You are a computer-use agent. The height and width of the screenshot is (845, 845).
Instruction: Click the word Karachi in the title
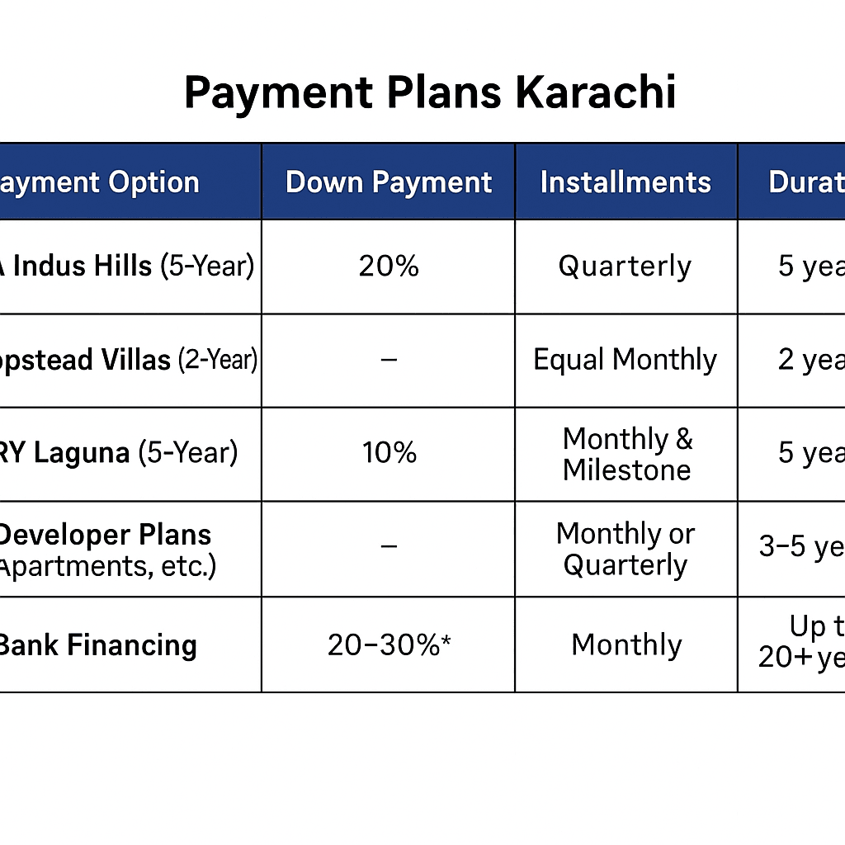(x=595, y=92)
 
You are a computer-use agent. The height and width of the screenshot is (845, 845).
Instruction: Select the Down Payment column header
(x=389, y=182)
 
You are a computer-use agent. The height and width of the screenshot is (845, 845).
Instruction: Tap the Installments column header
(x=625, y=182)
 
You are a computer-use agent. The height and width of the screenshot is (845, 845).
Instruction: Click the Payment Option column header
(x=100, y=182)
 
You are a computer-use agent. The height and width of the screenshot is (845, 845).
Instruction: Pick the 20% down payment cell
(x=389, y=267)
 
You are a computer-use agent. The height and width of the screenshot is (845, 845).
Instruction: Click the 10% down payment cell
(x=389, y=453)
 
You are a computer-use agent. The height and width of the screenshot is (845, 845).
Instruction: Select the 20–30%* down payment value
(x=389, y=644)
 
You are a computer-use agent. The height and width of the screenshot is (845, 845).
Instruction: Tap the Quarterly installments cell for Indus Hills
(x=625, y=267)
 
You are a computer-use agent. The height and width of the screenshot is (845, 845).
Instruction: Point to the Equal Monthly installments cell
(x=625, y=360)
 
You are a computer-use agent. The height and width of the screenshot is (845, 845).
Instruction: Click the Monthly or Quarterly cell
(x=625, y=549)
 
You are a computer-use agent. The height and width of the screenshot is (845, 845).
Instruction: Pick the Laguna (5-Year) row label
(x=120, y=453)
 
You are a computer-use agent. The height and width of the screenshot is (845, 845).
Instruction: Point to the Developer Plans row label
(x=106, y=535)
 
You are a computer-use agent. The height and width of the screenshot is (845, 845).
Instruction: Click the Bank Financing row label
(x=98, y=644)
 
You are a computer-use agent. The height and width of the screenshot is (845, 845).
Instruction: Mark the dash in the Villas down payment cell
(x=389, y=360)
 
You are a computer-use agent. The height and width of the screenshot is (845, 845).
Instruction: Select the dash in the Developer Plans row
(x=389, y=546)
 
